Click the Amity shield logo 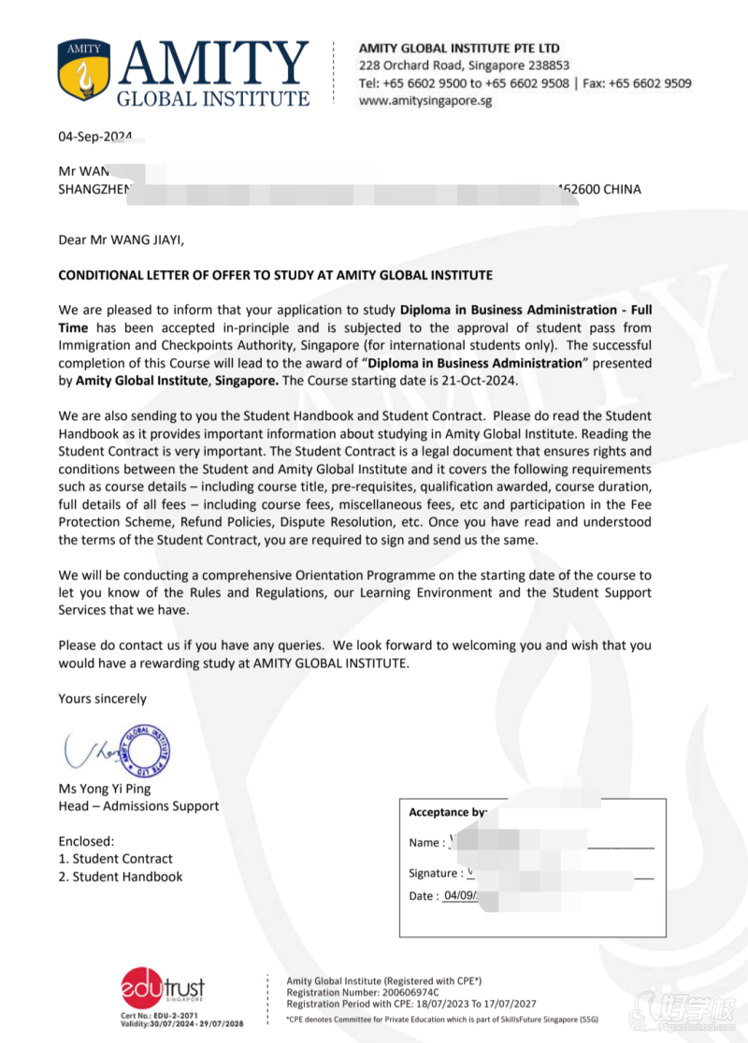tap(83, 71)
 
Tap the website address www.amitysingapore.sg tap(425, 101)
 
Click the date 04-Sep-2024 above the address tap(94, 137)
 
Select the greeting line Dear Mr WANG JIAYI tap(122, 239)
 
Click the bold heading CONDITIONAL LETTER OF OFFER tap(275, 275)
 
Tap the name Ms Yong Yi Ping tap(104, 789)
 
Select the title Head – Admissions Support tap(138, 806)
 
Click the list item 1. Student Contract tap(115, 859)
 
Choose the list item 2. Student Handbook tap(120, 876)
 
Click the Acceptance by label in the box tap(447, 813)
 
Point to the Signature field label tap(435, 874)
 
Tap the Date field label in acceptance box tap(423, 896)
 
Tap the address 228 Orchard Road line tap(464, 65)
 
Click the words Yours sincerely tap(102, 699)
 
